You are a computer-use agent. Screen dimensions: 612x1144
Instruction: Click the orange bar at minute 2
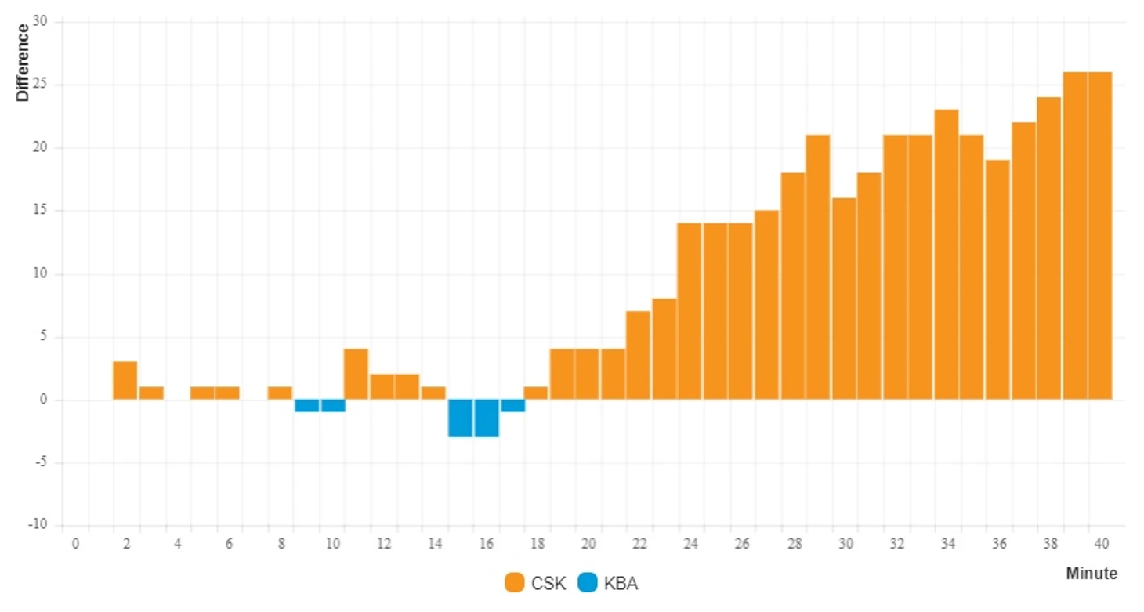tap(125, 381)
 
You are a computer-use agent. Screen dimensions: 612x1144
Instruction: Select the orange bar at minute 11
tap(357, 375)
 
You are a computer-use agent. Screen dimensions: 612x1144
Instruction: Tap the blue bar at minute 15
tap(460, 418)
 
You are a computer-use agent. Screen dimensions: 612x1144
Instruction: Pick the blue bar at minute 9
tap(306, 406)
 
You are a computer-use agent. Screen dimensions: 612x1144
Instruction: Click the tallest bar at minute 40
tap(1100, 235)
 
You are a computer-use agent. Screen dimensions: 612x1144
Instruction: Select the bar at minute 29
tap(818, 267)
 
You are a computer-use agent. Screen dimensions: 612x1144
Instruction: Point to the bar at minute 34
tap(947, 255)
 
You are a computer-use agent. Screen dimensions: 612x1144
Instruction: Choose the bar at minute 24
tap(690, 312)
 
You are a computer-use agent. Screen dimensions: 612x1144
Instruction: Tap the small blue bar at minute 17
tap(513, 406)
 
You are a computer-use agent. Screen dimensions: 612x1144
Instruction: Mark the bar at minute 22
tap(638, 356)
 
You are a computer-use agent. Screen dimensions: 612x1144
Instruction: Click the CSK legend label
tap(548, 584)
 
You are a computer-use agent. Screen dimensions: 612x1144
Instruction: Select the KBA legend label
tap(621, 584)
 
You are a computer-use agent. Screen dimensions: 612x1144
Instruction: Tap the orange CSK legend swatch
tap(515, 583)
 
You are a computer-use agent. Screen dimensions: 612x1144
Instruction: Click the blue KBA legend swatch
tap(587, 583)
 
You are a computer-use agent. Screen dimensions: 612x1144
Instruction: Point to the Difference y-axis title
tap(23, 63)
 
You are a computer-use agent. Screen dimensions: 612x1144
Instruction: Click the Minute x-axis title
tap(1092, 574)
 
